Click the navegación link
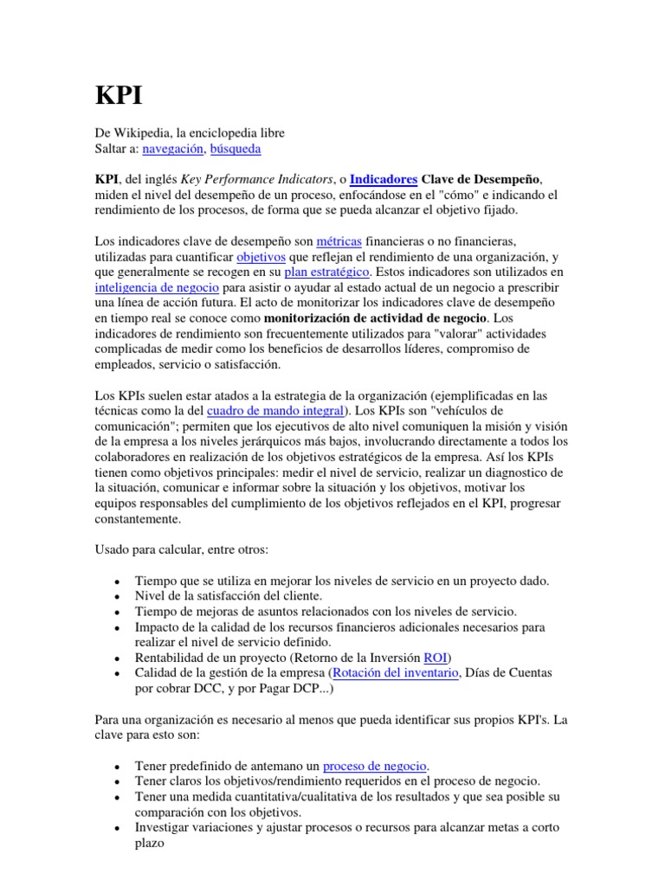click(x=173, y=149)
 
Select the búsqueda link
click(x=236, y=149)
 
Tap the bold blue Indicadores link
click(x=383, y=180)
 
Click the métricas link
click(x=339, y=240)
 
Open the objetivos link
click(x=262, y=256)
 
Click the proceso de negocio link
click(x=376, y=766)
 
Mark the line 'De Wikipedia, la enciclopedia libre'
click(x=190, y=133)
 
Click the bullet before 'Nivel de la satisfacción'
click(x=116, y=596)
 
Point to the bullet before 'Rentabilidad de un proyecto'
click(x=116, y=658)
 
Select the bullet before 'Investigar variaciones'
click(x=116, y=829)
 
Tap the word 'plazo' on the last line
click(x=150, y=844)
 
